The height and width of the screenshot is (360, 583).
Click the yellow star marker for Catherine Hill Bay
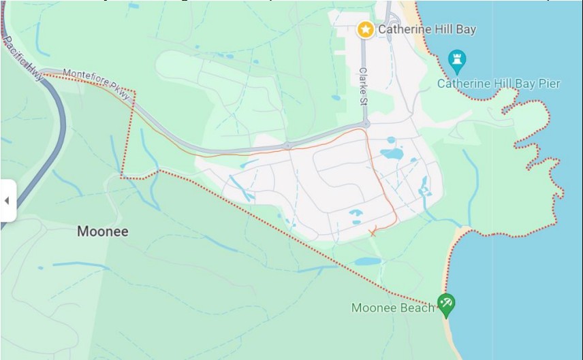pos(366,29)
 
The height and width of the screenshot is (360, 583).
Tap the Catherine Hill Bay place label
pos(427,29)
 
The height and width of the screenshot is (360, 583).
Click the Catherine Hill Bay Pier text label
pos(498,84)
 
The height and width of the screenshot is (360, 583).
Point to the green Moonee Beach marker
pos(446,304)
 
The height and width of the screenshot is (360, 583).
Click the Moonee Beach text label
pos(393,308)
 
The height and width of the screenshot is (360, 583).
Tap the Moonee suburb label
pos(102,231)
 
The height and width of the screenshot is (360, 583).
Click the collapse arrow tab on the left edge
pos(7,201)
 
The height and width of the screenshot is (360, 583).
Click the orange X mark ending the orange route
pos(372,233)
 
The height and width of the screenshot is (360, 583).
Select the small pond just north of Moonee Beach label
pos(368,261)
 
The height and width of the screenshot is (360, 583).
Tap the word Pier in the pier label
pos(548,84)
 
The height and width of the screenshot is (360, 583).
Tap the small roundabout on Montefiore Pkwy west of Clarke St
pos(288,146)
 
